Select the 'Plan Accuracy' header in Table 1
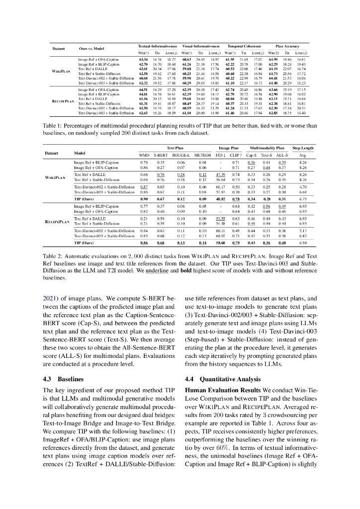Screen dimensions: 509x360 (286, 46)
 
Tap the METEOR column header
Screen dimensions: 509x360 (202, 155)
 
